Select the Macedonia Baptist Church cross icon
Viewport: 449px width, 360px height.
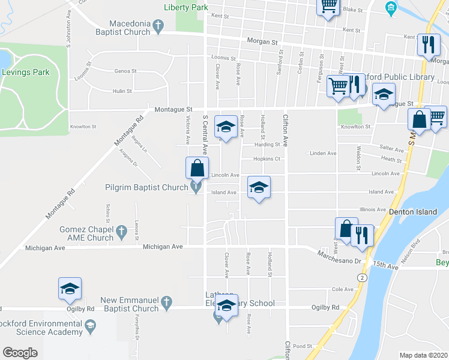coord(158,25)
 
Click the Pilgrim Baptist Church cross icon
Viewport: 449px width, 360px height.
coord(196,188)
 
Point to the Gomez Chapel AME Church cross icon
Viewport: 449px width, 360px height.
coord(121,230)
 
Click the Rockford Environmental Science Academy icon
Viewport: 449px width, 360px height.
coord(90,326)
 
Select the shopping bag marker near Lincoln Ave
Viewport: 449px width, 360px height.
coord(197,169)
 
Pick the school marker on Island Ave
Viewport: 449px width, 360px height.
coord(259,187)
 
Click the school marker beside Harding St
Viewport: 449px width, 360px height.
coord(226,127)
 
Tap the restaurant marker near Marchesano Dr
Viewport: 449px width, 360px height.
coord(362,235)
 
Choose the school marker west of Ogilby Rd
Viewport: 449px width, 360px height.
coord(70,289)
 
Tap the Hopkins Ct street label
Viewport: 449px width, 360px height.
coord(267,159)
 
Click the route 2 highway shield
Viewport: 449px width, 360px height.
coord(361,277)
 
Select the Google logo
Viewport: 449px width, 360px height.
coord(20,353)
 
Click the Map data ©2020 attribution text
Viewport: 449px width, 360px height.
coord(424,355)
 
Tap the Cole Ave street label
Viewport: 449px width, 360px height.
coord(342,289)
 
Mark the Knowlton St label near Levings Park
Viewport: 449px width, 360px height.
coord(83,127)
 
